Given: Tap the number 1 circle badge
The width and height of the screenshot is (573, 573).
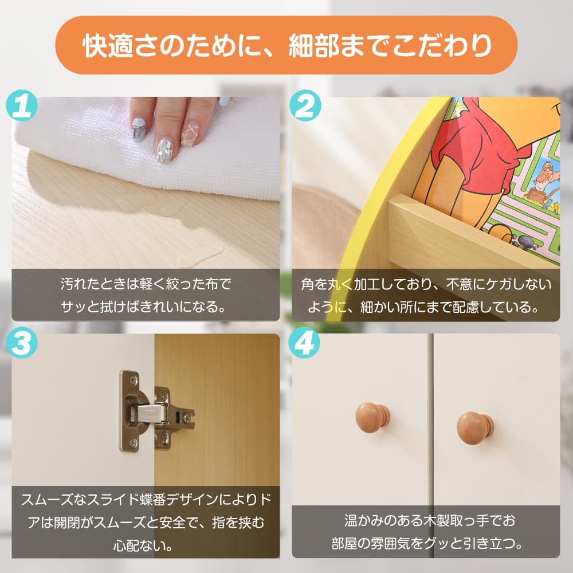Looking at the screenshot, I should (22, 108).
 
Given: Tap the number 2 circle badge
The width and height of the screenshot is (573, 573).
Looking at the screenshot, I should (305, 108).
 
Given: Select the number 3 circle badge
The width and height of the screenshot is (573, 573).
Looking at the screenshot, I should (22, 344).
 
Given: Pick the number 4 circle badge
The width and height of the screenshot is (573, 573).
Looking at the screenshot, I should (305, 344).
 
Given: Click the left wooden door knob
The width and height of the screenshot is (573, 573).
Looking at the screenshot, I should (372, 417).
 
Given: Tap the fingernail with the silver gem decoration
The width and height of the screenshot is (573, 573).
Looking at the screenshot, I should (164, 148).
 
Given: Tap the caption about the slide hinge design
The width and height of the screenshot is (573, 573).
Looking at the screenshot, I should (146, 521).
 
